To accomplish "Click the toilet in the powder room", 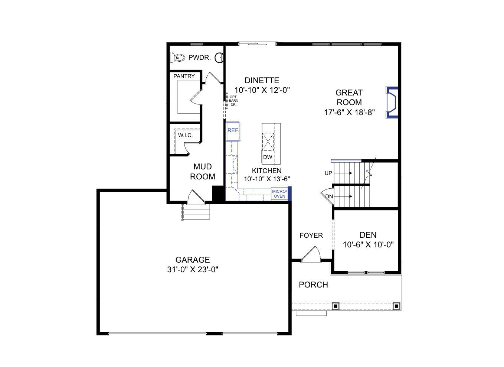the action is tap(177, 58).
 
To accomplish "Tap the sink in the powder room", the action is tap(219, 58).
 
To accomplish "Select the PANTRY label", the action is tap(184, 76).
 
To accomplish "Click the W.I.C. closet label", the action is tap(186, 135).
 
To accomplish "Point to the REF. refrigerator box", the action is tap(233, 131).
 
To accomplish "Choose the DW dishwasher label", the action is tap(268, 157).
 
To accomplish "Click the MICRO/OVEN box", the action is tap(279, 194).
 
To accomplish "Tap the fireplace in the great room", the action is tap(392, 103).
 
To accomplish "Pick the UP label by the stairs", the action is tap(328, 173).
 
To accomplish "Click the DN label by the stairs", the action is tap(329, 197).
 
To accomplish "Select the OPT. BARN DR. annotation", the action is tap(233, 101).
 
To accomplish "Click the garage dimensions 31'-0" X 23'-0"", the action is tap(193, 270).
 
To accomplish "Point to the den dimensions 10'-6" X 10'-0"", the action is tap(368, 244).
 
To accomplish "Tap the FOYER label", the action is tap(311, 236).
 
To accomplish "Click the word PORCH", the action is tap(314, 285).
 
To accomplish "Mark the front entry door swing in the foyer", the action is tap(311, 254).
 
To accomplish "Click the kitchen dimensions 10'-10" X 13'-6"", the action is tap(267, 179).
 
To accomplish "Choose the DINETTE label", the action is tap(262, 80).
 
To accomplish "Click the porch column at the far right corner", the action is tap(396, 306).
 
